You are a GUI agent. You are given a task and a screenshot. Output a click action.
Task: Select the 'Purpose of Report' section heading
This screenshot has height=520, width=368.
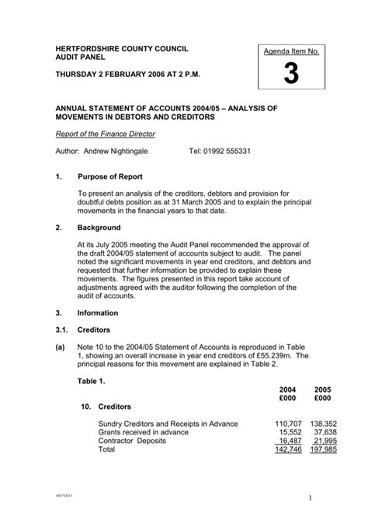click(x=109, y=177)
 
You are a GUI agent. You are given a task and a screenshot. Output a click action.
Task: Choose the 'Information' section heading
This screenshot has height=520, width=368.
click(x=98, y=313)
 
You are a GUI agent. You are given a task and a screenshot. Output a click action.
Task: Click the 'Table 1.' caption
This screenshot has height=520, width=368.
click(x=95, y=382)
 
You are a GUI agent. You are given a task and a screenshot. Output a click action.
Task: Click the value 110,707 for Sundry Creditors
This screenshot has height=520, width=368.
click(x=286, y=424)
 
